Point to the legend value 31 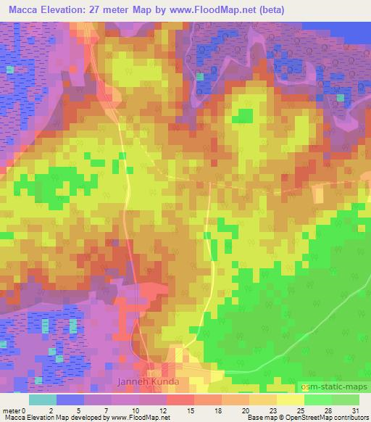coord(356,410)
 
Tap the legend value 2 coord(50,410)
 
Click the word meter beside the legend coord(11,410)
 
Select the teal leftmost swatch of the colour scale coord(43,400)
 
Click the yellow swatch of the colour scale coord(291,400)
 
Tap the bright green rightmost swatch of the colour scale coord(346,400)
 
